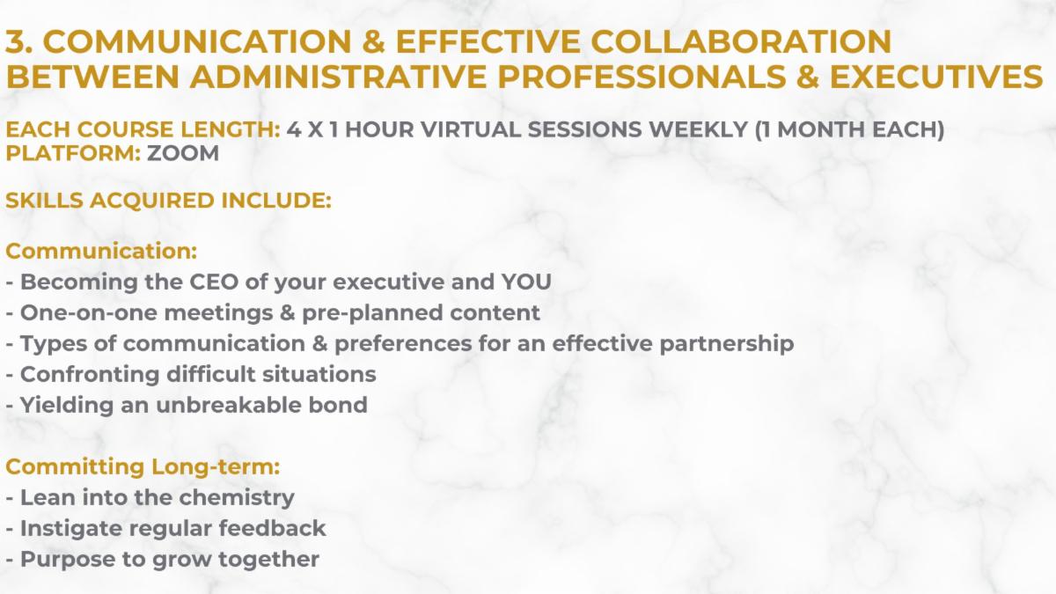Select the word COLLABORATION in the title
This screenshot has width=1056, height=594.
[x=741, y=41]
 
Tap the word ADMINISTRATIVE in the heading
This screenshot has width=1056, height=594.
[x=338, y=77]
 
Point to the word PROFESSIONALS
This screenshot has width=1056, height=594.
[x=642, y=77]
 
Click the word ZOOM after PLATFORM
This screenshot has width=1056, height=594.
[x=183, y=153]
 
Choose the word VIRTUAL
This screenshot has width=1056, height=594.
[x=471, y=129]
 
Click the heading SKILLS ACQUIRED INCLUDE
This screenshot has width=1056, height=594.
[x=168, y=201]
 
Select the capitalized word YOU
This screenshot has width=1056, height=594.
[x=526, y=282]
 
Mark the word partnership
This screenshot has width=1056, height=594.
[x=727, y=344]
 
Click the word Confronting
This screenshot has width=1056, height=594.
[x=90, y=375]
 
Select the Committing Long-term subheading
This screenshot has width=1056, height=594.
[x=143, y=467]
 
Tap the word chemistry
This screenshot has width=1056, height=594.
[x=237, y=498]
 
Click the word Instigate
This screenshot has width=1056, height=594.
[x=71, y=529]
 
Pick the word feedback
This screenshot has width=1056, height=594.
[x=272, y=528]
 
